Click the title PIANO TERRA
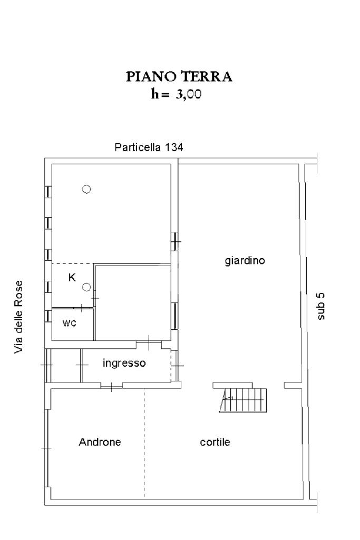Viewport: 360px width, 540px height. [x=179, y=76]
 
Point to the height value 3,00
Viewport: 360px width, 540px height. [x=189, y=94]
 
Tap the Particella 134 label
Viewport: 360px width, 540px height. [x=149, y=148]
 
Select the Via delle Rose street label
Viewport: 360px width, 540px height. [x=18, y=317]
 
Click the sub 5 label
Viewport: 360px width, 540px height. [x=320, y=306]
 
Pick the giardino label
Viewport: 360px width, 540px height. [x=245, y=261]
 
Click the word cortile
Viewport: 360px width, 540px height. [x=215, y=442]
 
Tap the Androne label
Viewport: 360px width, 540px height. [x=100, y=442]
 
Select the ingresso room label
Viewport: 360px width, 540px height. [x=124, y=363]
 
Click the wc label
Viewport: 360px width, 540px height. [x=69, y=323]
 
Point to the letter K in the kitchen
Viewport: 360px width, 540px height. [x=72, y=278]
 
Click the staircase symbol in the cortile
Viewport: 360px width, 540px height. [x=243, y=400]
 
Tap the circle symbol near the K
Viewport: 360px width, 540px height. [x=86, y=287]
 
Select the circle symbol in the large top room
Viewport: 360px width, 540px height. [x=86, y=189]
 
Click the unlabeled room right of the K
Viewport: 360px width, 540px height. [x=133, y=302]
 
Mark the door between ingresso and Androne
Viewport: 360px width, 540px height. [x=112, y=387]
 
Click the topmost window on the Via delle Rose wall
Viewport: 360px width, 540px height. [x=48, y=191]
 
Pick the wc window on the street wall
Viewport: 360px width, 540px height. [x=48, y=316]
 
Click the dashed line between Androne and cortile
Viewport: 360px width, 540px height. [x=144, y=443]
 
